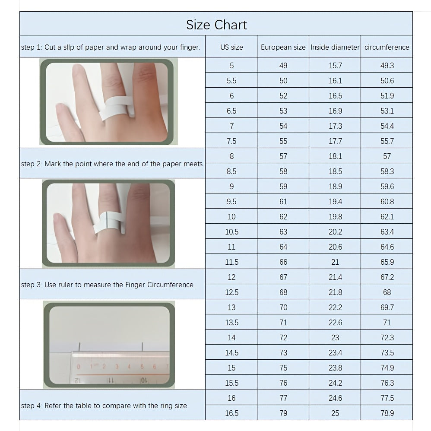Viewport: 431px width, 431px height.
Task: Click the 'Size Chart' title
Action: click(216, 25)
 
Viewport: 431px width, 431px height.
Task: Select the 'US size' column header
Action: click(231, 47)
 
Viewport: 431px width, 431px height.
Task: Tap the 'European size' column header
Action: click(283, 47)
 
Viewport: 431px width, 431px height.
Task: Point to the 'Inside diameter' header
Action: click(335, 47)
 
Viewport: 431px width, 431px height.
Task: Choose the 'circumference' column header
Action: click(387, 47)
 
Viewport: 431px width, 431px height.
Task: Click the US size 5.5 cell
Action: click(231, 80)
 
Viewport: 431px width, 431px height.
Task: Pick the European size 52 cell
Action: click(283, 95)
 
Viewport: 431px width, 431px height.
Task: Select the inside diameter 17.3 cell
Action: click(335, 126)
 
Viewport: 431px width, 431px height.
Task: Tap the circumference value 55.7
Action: click(387, 141)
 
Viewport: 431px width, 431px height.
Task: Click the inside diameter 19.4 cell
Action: click(335, 202)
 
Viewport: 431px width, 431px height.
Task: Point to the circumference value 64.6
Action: click(387, 247)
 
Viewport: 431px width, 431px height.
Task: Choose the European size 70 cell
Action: click(283, 307)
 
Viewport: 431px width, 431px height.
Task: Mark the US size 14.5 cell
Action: click(231, 353)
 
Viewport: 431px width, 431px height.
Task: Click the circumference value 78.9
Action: click(387, 413)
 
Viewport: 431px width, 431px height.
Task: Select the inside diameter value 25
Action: click(335, 413)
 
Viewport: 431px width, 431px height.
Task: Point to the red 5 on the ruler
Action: click(142, 366)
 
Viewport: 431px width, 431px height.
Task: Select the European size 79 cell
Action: click(283, 413)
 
